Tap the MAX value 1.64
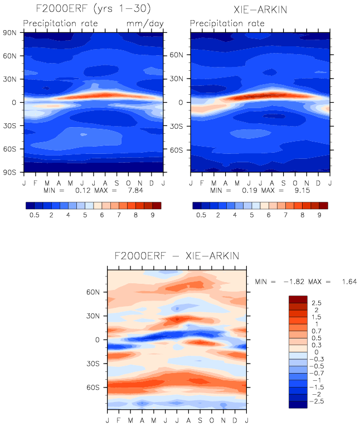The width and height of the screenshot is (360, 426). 347,282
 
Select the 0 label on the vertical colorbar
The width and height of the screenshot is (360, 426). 316,352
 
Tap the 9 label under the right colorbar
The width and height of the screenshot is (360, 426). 319,214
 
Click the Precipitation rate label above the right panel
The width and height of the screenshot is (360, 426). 227,23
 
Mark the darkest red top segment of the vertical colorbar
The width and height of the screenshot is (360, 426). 298,299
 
